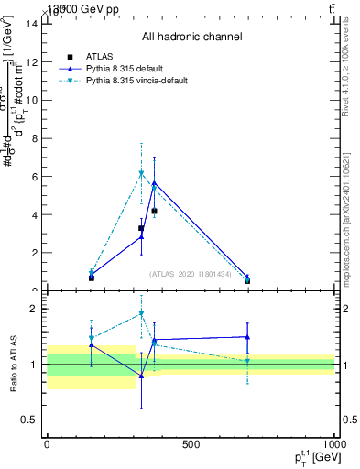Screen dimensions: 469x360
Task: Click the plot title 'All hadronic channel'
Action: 191,38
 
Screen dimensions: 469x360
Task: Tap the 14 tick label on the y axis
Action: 31,24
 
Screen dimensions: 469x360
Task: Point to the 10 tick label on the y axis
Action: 31,101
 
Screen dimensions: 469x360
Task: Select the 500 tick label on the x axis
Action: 191,445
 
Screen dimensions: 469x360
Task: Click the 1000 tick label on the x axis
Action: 333,445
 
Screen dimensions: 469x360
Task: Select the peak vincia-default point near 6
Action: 141,172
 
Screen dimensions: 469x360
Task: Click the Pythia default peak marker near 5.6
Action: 154,183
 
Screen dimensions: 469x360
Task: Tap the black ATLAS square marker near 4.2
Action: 154,211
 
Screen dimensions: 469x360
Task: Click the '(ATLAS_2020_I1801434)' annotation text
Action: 191,274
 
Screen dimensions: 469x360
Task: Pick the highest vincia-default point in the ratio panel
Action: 141,313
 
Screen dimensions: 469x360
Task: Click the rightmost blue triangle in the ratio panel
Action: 247,336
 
